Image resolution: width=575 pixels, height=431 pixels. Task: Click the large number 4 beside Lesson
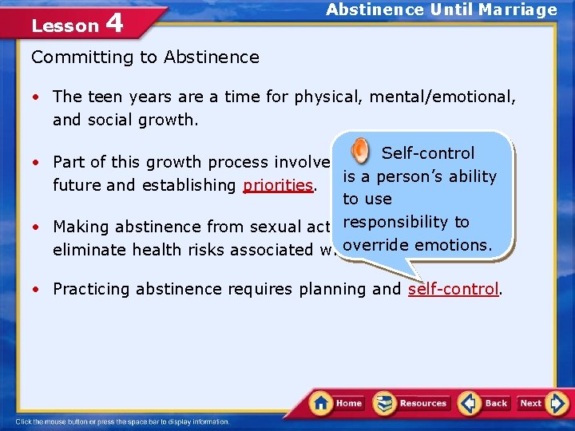pos(114,24)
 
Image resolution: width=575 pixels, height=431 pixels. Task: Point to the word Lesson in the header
pos(64,26)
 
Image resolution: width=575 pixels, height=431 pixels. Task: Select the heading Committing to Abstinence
pos(145,57)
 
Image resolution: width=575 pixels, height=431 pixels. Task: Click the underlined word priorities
pos(278,185)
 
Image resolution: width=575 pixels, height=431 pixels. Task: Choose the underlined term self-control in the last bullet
pos(453,289)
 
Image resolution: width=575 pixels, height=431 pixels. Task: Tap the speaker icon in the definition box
pos(360,150)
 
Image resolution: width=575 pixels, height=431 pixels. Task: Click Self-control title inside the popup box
pos(428,153)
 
